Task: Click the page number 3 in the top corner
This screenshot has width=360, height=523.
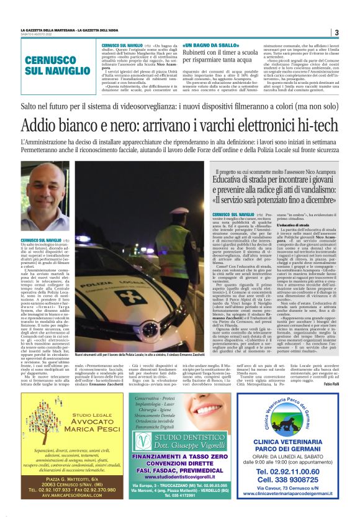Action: tap(336, 32)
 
